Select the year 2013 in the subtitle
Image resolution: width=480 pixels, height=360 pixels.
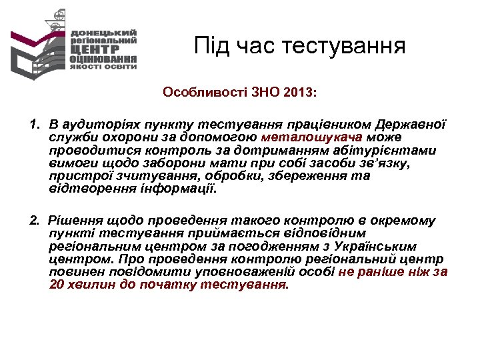pyautogui.click(x=301, y=93)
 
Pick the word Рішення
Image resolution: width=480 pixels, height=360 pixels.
pyautogui.click(x=74, y=221)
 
